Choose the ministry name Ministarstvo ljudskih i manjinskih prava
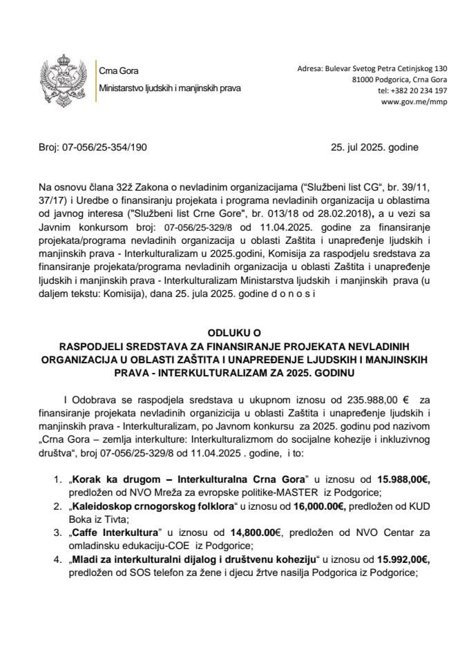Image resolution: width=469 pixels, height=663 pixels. tap(170, 89)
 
